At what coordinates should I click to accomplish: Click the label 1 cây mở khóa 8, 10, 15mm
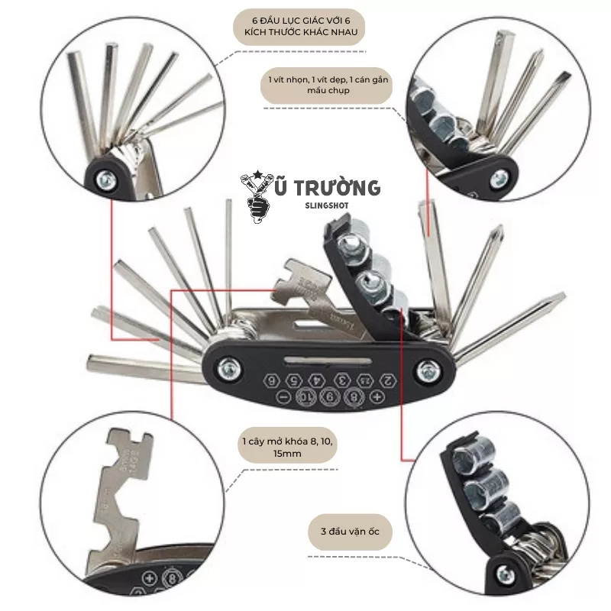[x=286, y=448]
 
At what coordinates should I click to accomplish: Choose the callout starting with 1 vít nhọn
[x=327, y=85]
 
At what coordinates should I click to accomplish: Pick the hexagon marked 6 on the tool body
[x=272, y=380]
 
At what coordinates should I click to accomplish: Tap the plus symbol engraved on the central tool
[x=376, y=396]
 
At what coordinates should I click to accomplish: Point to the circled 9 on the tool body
[x=329, y=396]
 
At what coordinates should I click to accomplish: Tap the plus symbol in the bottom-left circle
[x=150, y=577]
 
